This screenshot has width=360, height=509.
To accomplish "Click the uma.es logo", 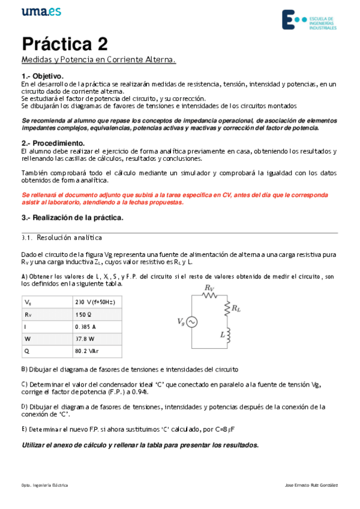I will tap(41, 12).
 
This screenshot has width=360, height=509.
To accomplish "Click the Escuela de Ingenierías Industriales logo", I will tap(310, 20).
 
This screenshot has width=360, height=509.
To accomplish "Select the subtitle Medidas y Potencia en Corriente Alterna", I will tap(98, 60).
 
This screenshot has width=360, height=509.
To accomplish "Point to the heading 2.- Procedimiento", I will tap(53, 143).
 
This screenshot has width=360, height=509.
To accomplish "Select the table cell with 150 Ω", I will tap(83, 314).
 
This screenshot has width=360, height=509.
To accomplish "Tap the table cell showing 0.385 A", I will tap(85, 327).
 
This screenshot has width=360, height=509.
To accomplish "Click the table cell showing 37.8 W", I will tap(85, 339).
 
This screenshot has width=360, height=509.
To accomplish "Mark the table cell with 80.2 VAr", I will tap(87, 351).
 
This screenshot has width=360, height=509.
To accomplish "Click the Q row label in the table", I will tap(26, 351).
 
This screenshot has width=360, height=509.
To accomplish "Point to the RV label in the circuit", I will tap(209, 288).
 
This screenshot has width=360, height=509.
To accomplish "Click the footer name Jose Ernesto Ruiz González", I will tap(312, 484).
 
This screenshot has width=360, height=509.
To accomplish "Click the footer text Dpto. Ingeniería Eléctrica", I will tap(44, 484).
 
